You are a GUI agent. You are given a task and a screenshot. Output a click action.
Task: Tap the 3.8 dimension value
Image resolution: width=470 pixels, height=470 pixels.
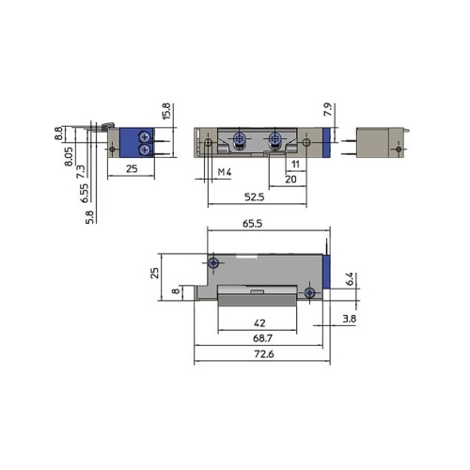tap(349, 319)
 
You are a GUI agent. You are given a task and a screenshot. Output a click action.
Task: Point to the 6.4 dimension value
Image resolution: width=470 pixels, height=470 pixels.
tap(349, 279)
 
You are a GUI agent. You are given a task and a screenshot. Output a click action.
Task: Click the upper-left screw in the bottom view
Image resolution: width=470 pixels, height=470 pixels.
tap(214, 262)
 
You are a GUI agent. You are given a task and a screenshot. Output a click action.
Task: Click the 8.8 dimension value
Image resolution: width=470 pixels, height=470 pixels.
tap(58, 134)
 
